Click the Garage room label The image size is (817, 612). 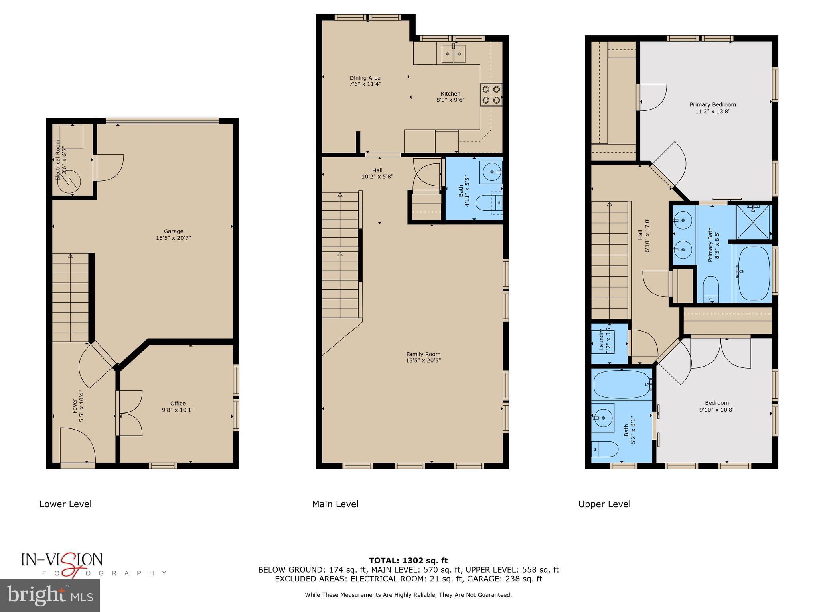(173, 231)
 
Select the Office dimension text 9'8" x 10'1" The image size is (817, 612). (178, 410)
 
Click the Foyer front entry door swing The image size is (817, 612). (78, 444)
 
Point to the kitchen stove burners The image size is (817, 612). (491, 95)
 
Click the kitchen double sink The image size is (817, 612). (454, 54)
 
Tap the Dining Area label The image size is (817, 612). (365, 78)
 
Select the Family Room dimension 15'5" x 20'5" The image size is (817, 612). (423, 361)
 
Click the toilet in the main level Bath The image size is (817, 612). (488, 203)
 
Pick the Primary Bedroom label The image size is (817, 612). (712, 105)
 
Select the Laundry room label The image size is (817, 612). (602, 340)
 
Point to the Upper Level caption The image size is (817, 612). (604, 504)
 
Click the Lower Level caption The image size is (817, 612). (65, 504)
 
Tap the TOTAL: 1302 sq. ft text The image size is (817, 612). (408, 561)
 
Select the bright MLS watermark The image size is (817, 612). (50, 595)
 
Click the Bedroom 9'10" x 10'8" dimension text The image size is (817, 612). (716, 410)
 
